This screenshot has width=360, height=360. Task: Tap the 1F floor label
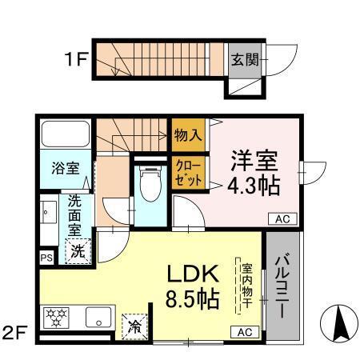click(x=76, y=58)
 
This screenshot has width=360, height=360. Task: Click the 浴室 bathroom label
click(x=65, y=168)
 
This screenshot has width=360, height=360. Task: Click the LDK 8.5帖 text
click(x=193, y=286)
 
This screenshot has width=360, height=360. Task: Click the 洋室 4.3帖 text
click(x=255, y=173)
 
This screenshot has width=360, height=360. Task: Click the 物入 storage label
click(x=188, y=135)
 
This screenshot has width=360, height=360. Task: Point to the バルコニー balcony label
click(x=284, y=283)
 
